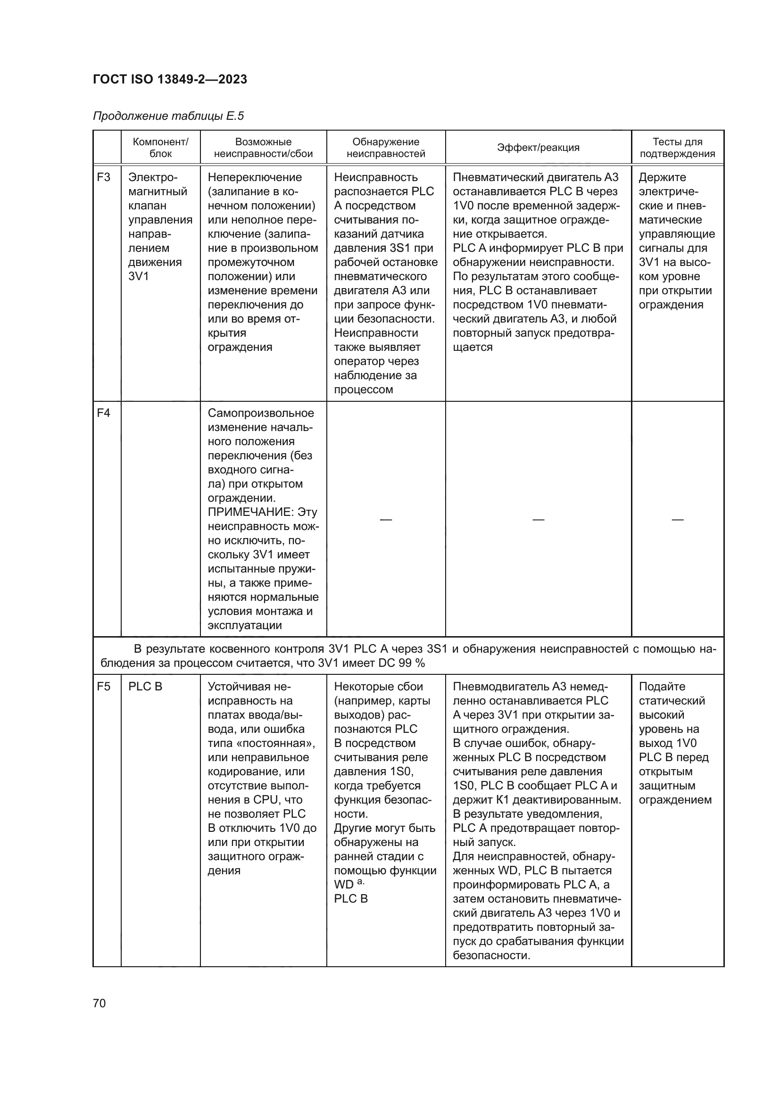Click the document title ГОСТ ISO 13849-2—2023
[170, 79]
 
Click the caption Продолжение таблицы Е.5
[168, 116]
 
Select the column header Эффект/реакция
[538, 148]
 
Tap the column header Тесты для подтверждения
[677, 148]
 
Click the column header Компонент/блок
[160, 148]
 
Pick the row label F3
[104, 177]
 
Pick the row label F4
[104, 413]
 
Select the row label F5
[104, 686]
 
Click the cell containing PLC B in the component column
[146, 686]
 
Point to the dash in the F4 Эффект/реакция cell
[538, 519]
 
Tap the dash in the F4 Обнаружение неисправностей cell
[386, 519]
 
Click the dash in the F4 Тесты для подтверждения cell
[677, 519]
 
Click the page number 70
[100, 1003]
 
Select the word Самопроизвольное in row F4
[261, 413]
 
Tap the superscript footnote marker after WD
[361, 882]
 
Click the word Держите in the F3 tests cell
[662, 177]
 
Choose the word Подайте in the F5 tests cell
[662, 686]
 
